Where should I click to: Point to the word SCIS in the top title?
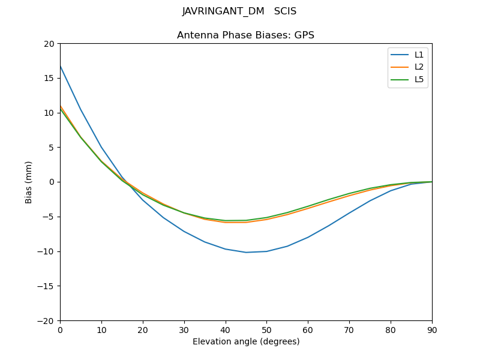(285, 11)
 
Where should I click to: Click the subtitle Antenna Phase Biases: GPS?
(245, 35)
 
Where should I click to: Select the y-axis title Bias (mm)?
(29, 182)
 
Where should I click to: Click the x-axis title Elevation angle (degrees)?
(246, 341)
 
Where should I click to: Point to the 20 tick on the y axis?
(49, 44)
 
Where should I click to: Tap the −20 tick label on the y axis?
(46, 320)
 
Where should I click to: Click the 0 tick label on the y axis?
(52, 182)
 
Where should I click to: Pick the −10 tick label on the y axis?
(46, 251)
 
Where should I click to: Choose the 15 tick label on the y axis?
(49, 78)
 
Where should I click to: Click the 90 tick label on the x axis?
(432, 329)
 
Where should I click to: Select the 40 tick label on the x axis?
(226, 329)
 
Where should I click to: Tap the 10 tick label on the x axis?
(101, 329)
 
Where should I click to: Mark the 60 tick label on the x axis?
(308, 329)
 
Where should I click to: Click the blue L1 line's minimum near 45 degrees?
(246, 252)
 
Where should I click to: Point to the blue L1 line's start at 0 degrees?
(61, 66)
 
